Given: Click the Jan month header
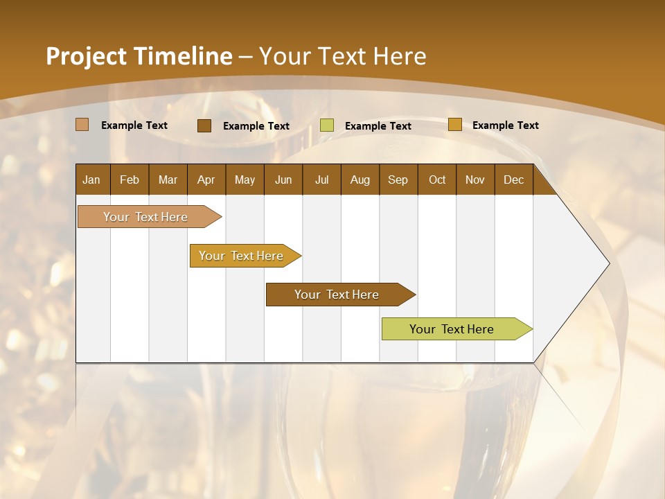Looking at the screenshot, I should click(91, 180).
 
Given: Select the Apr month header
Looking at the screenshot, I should click(206, 180).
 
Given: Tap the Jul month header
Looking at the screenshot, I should click(321, 180).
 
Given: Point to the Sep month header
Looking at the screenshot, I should click(398, 180).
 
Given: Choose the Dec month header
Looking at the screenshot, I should click(513, 180).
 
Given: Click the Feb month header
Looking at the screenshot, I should click(130, 180).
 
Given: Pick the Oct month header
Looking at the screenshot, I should click(437, 180).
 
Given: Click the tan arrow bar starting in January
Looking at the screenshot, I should click(146, 217).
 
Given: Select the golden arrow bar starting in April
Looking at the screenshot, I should click(242, 256).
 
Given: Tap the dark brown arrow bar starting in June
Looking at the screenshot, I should click(337, 295).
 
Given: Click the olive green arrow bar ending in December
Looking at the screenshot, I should click(452, 329).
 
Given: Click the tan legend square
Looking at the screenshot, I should click(82, 125).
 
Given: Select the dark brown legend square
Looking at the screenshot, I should click(204, 125).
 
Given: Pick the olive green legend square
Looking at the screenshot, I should click(327, 125).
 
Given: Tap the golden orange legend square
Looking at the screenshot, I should click(454, 125).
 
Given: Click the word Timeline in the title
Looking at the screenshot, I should click(183, 56).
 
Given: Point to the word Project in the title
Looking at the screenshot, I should click(86, 56).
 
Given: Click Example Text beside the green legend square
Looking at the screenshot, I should click(378, 125).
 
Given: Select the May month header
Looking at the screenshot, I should click(245, 180).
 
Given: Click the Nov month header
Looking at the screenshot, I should click(475, 180).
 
